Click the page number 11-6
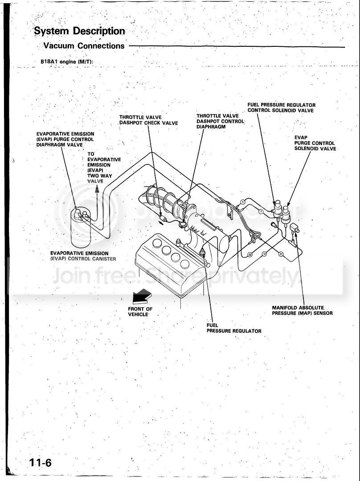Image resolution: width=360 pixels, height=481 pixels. pyautogui.click(x=40, y=462)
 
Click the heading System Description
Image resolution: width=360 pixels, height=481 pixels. pyautogui.click(x=79, y=31)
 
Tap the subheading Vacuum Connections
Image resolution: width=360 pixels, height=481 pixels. pyautogui.click(x=84, y=46)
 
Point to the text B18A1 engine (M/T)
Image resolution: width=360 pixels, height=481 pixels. pyautogui.click(x=67, y=61)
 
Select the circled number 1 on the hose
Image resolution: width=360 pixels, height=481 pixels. pyautogui.click(x=242, y=202)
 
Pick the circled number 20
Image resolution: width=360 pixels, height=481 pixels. pyautogui.click(x=250, y=255)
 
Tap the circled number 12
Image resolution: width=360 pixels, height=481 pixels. pyautogui.click(x=264, y=254)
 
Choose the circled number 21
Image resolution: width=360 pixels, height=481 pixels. pyautogui.click(x=281, y=254)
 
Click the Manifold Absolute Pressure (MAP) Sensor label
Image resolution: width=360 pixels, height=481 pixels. pyautogui.click(x=302, y=310)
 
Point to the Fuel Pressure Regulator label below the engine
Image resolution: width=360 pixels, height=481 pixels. pyautogui.click(x=234, y=328)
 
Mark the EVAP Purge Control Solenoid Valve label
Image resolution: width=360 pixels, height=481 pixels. pyautogui.click(x=315, y=143)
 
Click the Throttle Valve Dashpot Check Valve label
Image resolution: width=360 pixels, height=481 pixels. pyautogui.click(x=148, y=120)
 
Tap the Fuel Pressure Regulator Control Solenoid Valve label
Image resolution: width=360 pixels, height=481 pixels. pyautogui.click(x=282, y=108)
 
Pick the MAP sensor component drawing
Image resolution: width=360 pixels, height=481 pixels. pyautogui.click(x=295, y=228)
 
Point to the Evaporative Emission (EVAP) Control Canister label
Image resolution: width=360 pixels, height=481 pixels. pyautogui.click(x=83, y=256)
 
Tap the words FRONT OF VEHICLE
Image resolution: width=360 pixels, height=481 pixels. pyautogui.click(x=140, y=312)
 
